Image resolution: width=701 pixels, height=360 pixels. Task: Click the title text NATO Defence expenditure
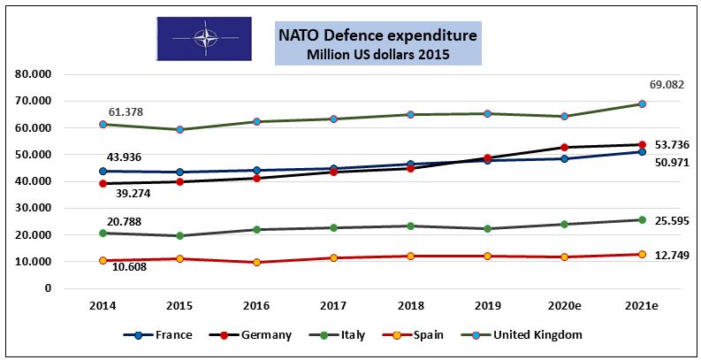(x=377, y=35)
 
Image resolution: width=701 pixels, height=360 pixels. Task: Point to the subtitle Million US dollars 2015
(x=377, y=55)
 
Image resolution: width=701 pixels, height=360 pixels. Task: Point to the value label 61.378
(x=126, y=112)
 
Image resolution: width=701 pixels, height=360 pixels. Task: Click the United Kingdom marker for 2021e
(x=642, y=103)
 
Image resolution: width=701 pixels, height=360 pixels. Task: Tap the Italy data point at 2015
(x=179, y=235)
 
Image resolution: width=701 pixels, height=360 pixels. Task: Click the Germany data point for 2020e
(x=565, y=147)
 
